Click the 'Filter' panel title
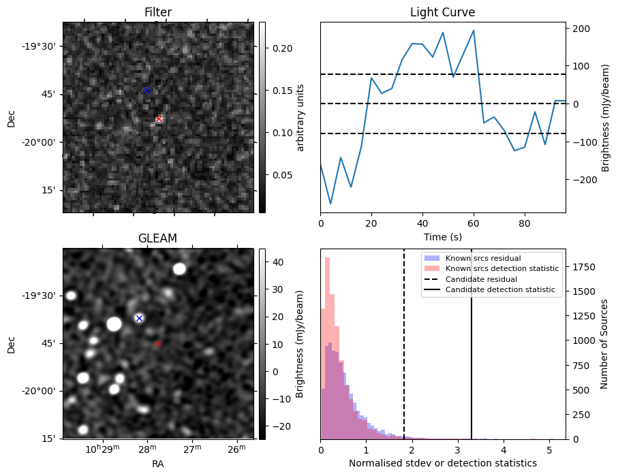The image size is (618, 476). tap(157, 12)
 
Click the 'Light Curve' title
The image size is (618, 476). tap(442, 12)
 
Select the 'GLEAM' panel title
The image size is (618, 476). tap(157, 238)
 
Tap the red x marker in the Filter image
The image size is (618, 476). tap(159, 119)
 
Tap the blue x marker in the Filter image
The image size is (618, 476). tap(146, 90)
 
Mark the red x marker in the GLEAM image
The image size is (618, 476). tap(158, 344)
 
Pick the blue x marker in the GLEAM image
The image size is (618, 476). tap(139, 318)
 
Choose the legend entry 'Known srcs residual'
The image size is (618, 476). tap(482, 258)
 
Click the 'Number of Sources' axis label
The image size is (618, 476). tap(604, 344)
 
